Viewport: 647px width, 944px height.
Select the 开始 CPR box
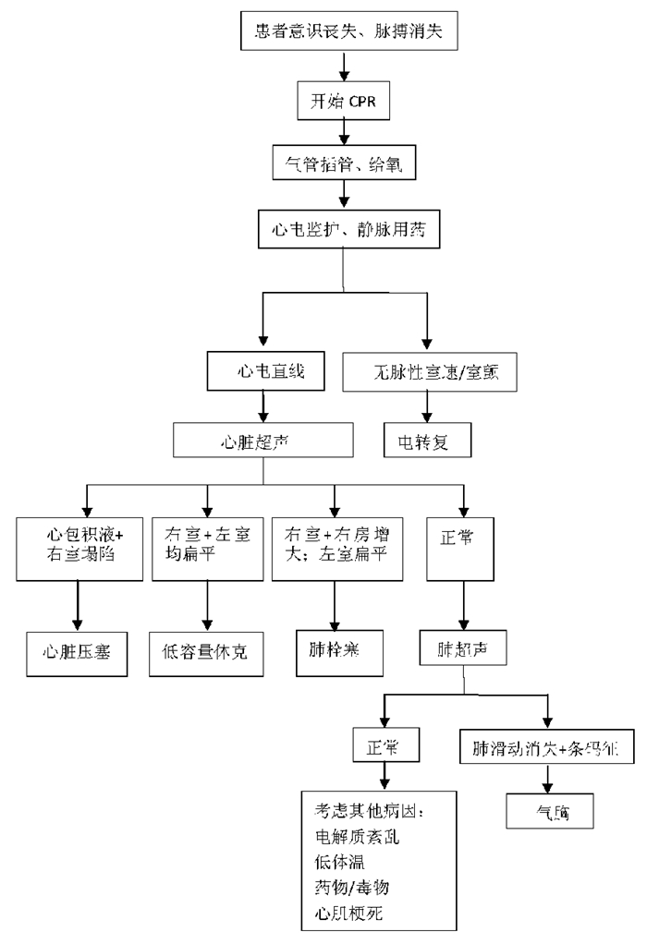click(344, 99)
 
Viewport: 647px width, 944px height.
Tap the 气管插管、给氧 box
click(344, 163)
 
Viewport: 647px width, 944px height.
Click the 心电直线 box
click(265, 374)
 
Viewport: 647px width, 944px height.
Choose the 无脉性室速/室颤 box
click(428, 374)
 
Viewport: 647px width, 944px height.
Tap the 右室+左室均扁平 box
click(206, 548)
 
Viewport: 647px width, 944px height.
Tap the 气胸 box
click(549, 810)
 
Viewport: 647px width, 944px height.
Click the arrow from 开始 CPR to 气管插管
click(344, 131)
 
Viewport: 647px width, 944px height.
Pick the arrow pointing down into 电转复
click(428, 406)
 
